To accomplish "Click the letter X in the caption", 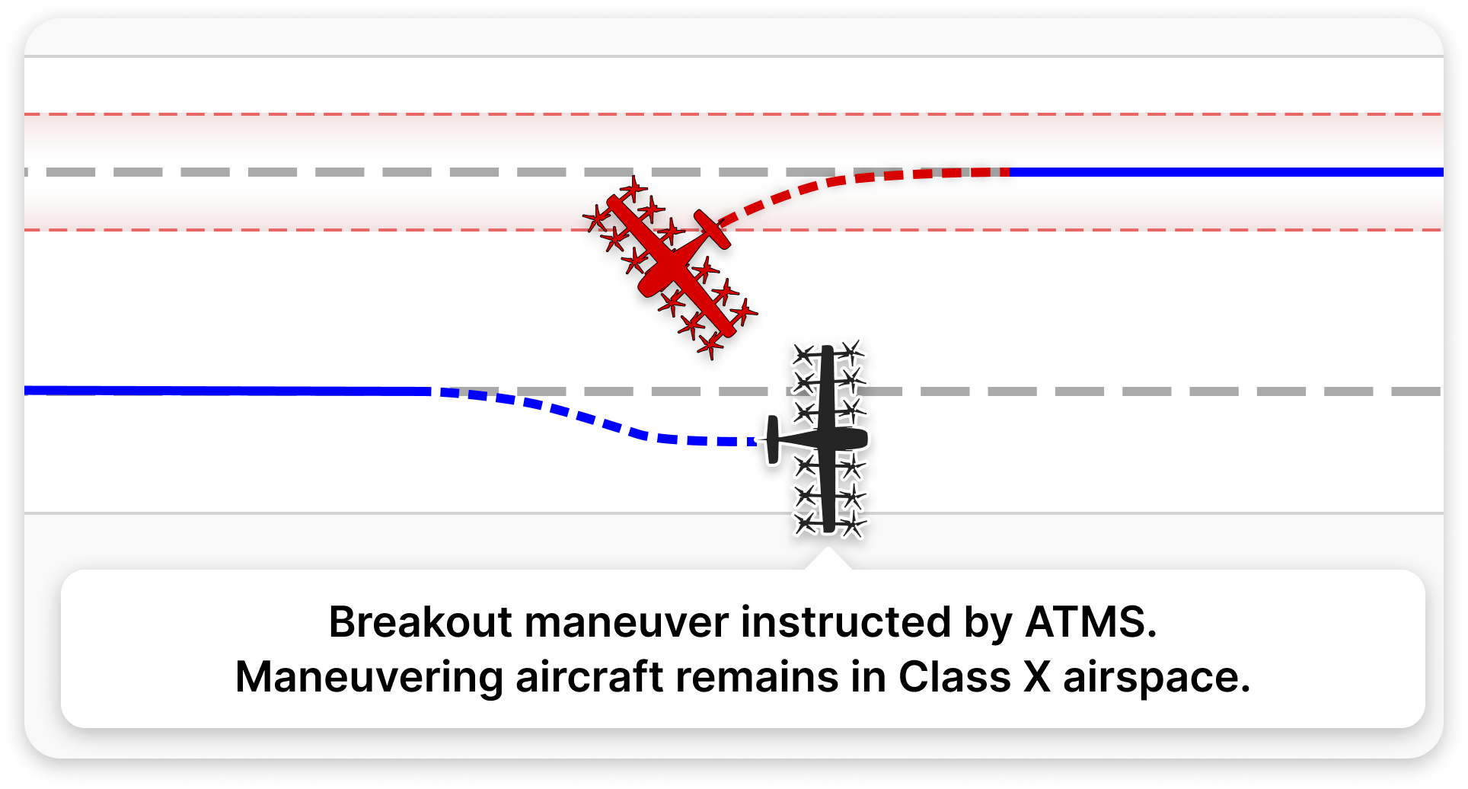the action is (1036, 677).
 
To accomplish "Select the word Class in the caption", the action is (954, 676).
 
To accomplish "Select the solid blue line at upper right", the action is (1226, 172).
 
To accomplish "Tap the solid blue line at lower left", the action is (228, 391).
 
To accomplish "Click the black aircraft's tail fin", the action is (772, 440).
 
